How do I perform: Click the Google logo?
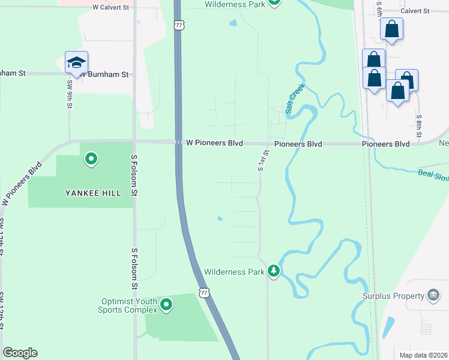point(20,353)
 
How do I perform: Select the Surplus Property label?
point(393,296)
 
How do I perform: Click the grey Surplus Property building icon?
point(433,295)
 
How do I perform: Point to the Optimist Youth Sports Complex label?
point(128,305)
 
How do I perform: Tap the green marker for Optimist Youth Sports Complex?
point(167,305)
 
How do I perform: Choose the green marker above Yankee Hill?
point(91,159)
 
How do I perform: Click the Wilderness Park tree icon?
point(274,271)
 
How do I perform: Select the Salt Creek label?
point(295,98)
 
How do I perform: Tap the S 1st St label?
point(262,161)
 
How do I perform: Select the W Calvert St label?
point(112,8)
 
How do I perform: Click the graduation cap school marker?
point(77,63)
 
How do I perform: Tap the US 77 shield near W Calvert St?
point(178,25)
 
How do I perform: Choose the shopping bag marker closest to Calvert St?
point(391,30)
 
